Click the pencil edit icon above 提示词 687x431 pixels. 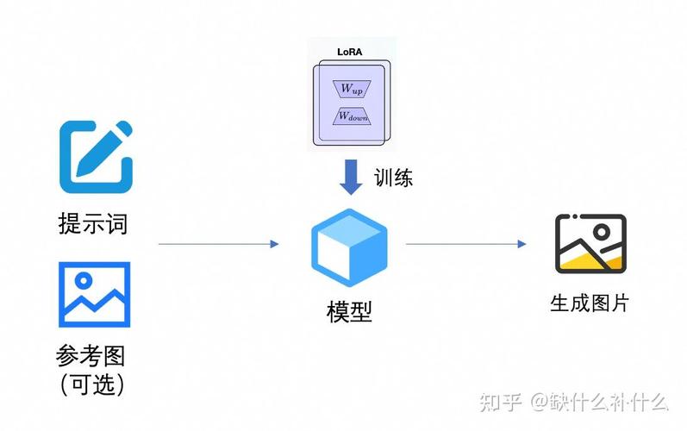click(96, 156)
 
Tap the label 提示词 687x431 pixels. click(93, 224)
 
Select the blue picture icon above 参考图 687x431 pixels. click(94, 294)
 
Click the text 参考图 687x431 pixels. click(92, 355)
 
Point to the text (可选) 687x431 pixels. click(92, 384)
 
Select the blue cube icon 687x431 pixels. click(348, 247)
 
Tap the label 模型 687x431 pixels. click(349, 310)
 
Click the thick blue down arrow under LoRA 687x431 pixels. click(350, 178)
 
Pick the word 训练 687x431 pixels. click(393, 178)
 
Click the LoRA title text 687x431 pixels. click(350, 53)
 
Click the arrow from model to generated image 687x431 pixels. click(465, 244)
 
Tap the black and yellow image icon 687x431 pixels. click(590, 244)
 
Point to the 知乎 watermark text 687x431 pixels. click(499, 403)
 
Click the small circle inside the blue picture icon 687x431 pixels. click(84, 280)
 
